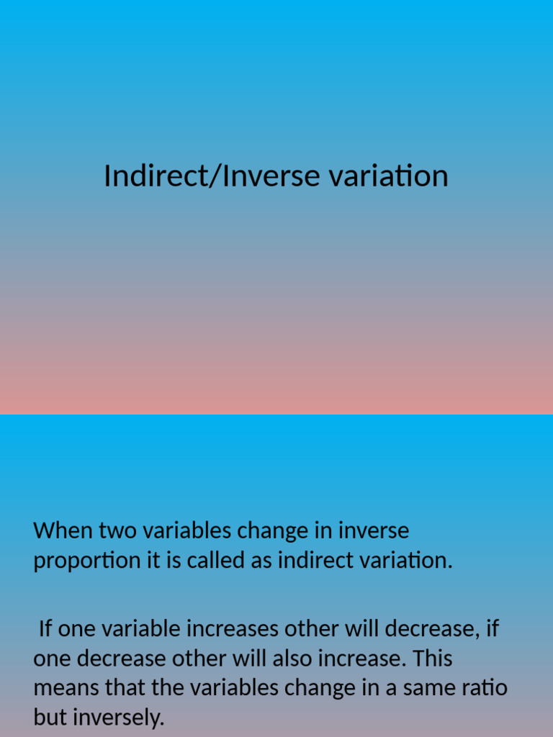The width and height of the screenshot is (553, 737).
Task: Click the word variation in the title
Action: pyautogui.click(x=389, y=176)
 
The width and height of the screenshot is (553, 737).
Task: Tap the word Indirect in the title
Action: pyautogui.click(x=154, y=176)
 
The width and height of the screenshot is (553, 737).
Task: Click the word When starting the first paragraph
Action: pyautogui.click(x=63, y=531)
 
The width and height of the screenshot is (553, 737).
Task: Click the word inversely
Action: pyautogui.click(x=117, y=718)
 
